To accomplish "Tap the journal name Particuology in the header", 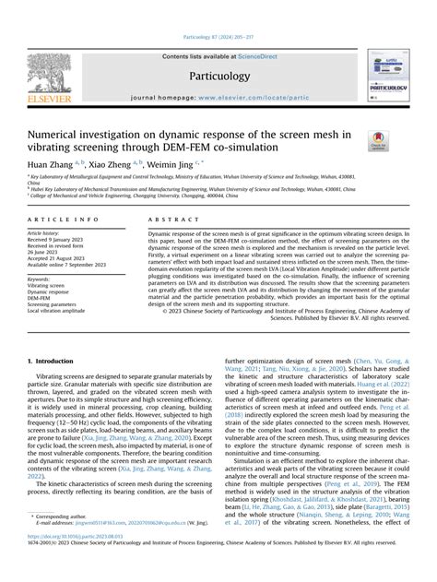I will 219,77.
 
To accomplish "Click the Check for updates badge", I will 379,141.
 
